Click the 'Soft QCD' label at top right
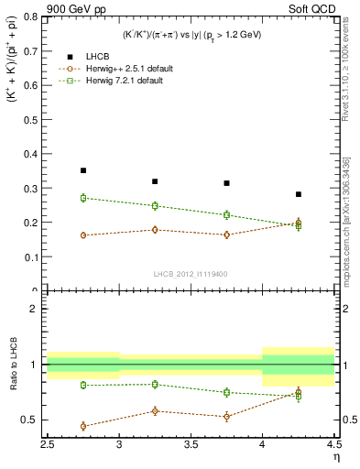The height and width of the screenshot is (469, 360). pyautogui.click(x=313, y=8)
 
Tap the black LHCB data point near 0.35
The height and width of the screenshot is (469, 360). pyautogui.click(x=83, y=170)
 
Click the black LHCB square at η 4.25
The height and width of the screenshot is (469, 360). pyautogui.click(x=299, y=194)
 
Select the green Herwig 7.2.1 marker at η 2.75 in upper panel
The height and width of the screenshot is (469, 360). pyautogui.click(x=83, y=198)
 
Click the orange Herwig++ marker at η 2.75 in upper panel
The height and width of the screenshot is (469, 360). pyautogui.click(x=83, y=235)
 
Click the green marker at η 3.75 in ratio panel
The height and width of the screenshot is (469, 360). pyautogui.click(x=227, y=392)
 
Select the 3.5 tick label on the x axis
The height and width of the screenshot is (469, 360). pyautogui.click(x=191, y=445)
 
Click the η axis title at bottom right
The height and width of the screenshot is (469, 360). pyautogui.click(x=334, y=457)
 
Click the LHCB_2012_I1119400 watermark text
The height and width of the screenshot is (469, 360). pyautogui.click(x=191, y=274)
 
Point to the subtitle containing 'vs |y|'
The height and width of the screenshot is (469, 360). pyautogui.click(x=191, y=34)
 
